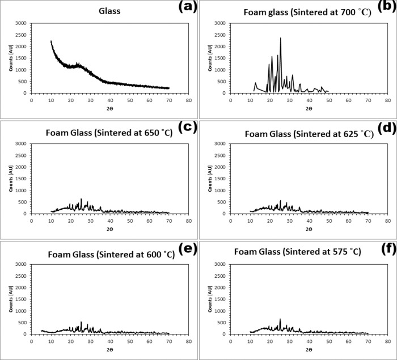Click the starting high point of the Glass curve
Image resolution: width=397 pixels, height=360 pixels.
pyautogui.click(x=51, y=41)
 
